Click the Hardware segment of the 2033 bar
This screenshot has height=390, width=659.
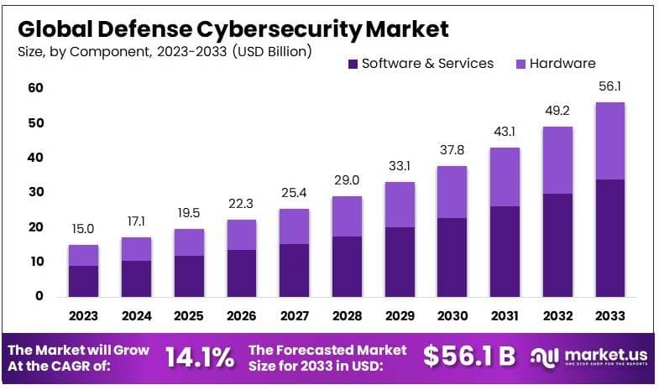point(609,140)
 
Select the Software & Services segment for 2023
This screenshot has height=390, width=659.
point(83,281)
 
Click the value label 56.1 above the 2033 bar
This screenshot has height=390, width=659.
point(609,87)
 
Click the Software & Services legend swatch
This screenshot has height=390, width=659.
point(353,64)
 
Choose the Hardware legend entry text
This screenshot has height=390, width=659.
point(562,64)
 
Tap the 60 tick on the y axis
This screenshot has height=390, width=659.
point(36,88)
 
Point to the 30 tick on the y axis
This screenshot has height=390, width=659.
point(36,192)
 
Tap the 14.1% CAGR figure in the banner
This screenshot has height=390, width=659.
point(199,356)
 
